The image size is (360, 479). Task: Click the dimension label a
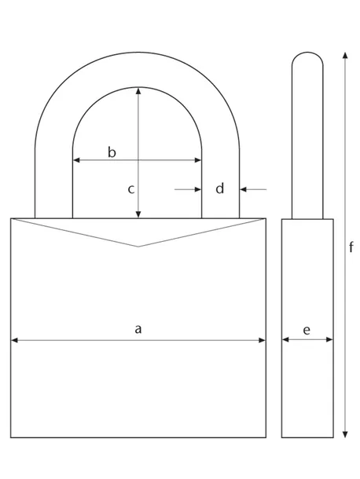[138, 329]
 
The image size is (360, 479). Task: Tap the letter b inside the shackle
[112, 152]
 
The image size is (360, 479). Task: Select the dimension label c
[132, 188]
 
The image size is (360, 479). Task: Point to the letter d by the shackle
[220, 188]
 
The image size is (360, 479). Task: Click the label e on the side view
[307, 330]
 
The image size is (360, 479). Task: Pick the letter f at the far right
[351, 247]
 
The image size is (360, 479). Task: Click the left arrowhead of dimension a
[13, 341]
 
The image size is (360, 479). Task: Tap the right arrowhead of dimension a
[263, 341]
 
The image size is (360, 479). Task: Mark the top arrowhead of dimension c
[138, 90]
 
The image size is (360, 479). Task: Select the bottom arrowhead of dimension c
[138, 214]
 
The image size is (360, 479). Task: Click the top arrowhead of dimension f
[343, 55]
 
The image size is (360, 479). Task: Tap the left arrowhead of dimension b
[76, 160]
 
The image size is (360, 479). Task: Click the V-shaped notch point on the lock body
[138, 247]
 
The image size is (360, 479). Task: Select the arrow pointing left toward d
[244, 189]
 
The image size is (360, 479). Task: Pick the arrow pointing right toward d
[199, 189]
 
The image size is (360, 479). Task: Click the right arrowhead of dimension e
[329, 341]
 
